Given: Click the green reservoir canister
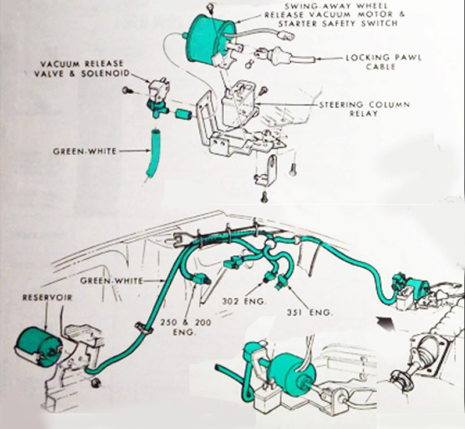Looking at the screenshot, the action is (x=37, y=342).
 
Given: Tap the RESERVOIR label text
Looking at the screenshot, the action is (x=48, y=298).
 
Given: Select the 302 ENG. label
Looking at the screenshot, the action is (x=244, y=301).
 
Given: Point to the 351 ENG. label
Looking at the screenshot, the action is (x=309, y=312).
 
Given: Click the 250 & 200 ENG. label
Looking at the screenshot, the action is (x=186, y=327).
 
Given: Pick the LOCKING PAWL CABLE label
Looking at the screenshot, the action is (x=384, y=62).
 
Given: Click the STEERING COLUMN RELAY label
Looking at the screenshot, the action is (x=364, y=109).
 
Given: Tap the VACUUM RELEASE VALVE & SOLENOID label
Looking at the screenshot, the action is (x=82, y=69).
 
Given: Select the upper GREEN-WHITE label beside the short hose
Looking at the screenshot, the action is (x=84, y=151).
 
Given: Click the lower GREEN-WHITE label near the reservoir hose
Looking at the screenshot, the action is (x=112, y=281).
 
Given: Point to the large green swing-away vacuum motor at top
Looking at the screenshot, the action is (x=210, y=35).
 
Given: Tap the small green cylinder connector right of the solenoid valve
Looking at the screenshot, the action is (x=184, y=113).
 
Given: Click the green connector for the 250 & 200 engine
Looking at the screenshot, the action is (x=201, y=279).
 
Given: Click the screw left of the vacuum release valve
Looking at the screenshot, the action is (x=126, y=90).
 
